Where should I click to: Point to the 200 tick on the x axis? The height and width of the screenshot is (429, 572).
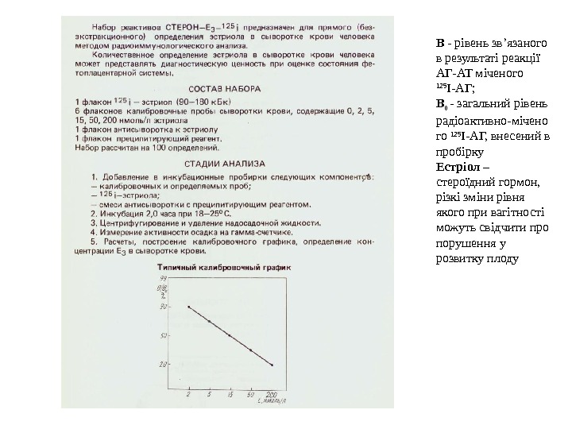tap(271, 393)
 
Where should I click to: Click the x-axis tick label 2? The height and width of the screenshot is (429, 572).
tap(188, 393)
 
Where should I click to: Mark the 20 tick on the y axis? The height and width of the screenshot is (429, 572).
tap(164, 365)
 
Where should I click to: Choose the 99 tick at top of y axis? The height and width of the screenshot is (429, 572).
tap(164, 279)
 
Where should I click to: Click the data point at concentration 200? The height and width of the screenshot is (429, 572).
tap(272, 365)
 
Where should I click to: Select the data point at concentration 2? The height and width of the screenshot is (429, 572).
tap(188, 307)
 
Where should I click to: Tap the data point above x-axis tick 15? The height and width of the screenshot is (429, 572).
tap(230, 336)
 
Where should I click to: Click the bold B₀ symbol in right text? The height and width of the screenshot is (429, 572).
tap(442, 103)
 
